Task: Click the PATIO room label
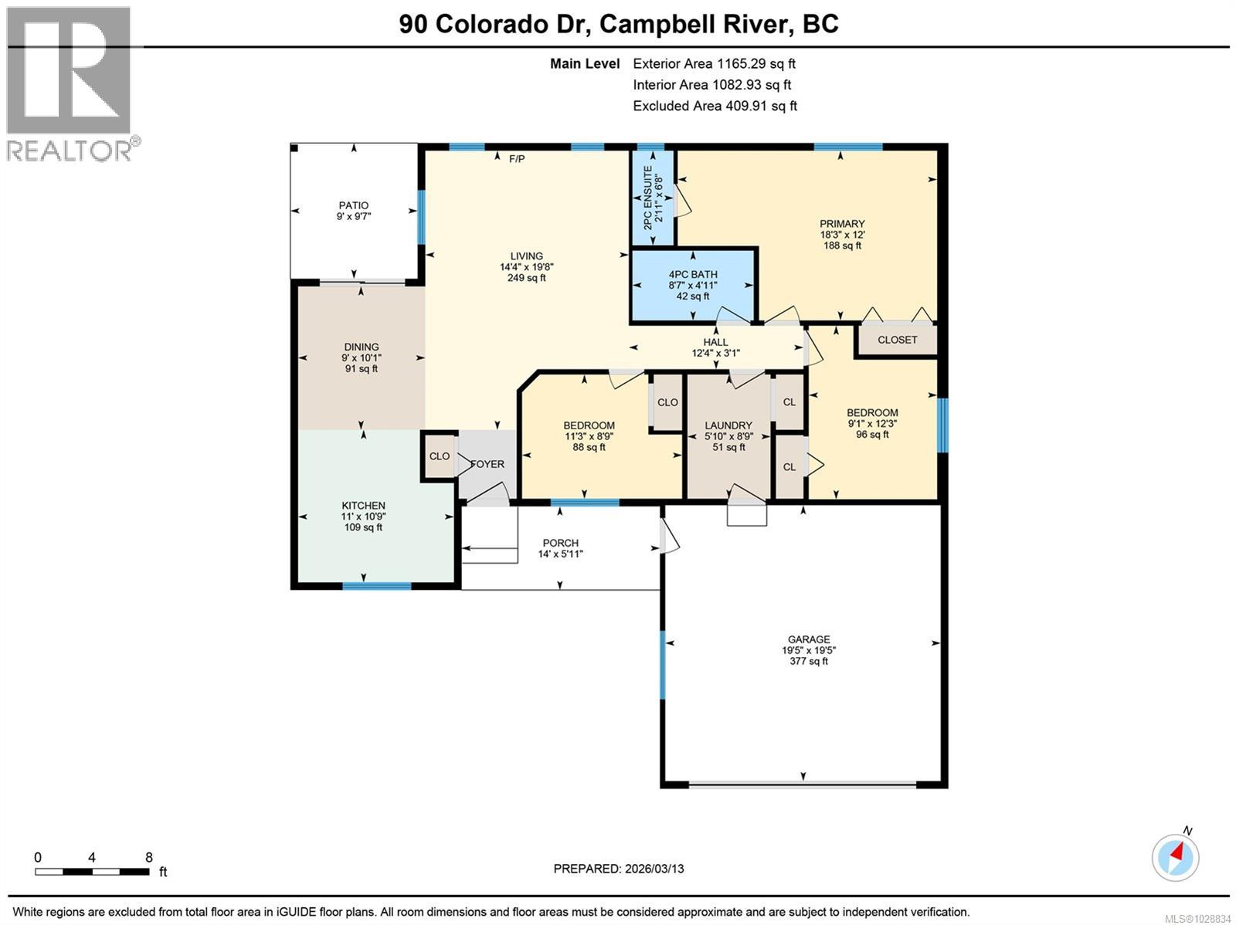tap(354, 205)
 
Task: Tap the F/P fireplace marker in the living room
tap(517, 159)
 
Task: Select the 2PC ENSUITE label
tap(647, 198)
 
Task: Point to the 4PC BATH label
tap(693, 274)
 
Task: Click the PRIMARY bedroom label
tap(842, 223)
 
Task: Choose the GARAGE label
tap(809, 639)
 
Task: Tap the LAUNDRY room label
tap(728, 425)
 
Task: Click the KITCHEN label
tap(363, 505)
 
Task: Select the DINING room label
tap(362, 347)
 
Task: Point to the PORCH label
tap(561, 543)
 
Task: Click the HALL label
tap(715, 342)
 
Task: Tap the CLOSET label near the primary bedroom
tap(898, 340)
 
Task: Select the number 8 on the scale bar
tap(148, 857)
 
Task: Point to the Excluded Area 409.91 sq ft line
tap(715, 106)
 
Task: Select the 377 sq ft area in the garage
tap(809, 661)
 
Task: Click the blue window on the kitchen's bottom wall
tap(377, 586)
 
